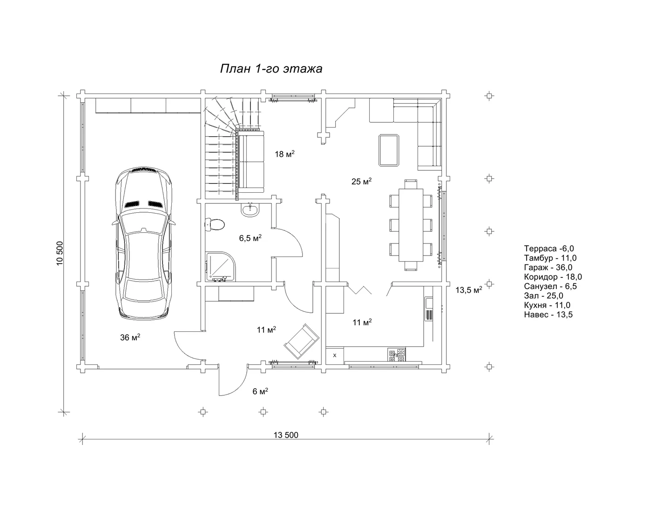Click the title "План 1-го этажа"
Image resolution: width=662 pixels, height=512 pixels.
click(271, 69)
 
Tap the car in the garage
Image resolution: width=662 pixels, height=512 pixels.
click(143, 243)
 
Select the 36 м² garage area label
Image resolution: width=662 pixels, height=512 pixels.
click(130, 337)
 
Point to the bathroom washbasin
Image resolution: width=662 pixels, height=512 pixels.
click(250, 210)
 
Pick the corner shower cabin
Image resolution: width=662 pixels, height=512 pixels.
click(221, 266)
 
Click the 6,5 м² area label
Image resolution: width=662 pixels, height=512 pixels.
click(250, 238)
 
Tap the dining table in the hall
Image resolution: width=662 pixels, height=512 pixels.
click(411, 225)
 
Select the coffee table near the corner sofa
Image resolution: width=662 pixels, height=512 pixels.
click(389, 150)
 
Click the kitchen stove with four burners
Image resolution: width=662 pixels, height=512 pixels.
click(397, 355)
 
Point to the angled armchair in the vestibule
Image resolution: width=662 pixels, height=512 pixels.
click(302, 341)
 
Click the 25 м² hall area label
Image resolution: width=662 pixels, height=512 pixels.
click(361, 182)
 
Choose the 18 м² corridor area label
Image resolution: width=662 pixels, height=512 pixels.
click(284, 154)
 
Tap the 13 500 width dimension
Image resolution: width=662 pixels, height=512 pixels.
click(286, 435)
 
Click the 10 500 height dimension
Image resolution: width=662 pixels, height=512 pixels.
click(60, 253)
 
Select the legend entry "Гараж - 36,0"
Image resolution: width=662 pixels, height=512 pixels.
click(548, 268)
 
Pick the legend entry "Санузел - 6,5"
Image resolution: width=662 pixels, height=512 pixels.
click(550, 286)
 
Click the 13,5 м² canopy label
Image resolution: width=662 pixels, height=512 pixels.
click(468, 290)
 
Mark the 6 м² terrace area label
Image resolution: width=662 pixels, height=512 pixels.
click(260, 391)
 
